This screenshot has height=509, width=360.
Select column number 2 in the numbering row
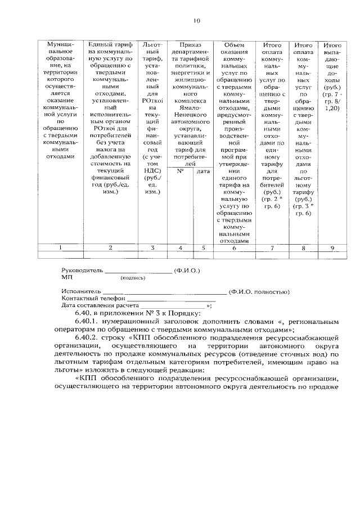coord(110,247)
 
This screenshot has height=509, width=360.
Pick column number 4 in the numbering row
coord(181,247)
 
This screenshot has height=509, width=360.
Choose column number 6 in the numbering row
coord(233,247)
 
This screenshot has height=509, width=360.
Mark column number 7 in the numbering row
coord(272,247)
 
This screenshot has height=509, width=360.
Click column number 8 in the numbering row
coord(303,247)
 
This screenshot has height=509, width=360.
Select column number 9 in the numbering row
coord(332,247)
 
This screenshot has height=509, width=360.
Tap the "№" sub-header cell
coord(181,171)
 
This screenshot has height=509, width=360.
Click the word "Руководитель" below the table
coord(82,270)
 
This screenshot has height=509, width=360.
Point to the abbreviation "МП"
coord(66,277)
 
